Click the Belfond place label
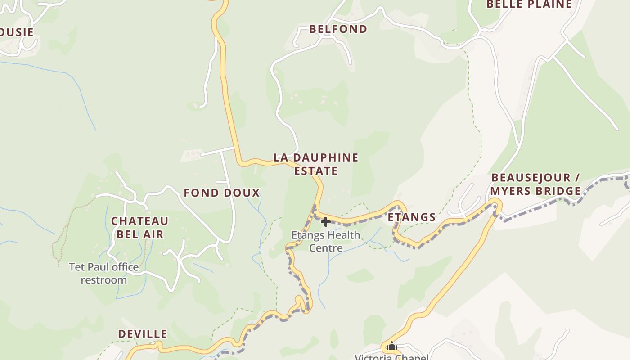pos(338,29)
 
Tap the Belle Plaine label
pos(529,4)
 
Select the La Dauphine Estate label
pos(316,164)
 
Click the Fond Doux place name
pos(222,193)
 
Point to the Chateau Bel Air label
pos(140,228)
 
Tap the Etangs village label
pos(412,217)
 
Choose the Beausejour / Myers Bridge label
pos(535,184)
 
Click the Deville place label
pos(143,334)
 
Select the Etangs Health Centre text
pos(326,242)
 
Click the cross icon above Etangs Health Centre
pos(326,222)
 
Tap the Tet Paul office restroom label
pos(104,274)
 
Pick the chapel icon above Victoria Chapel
pos(392,346)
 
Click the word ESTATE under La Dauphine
pos(316,171)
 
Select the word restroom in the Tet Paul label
pos(104,280)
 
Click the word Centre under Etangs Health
pos(326,248)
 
